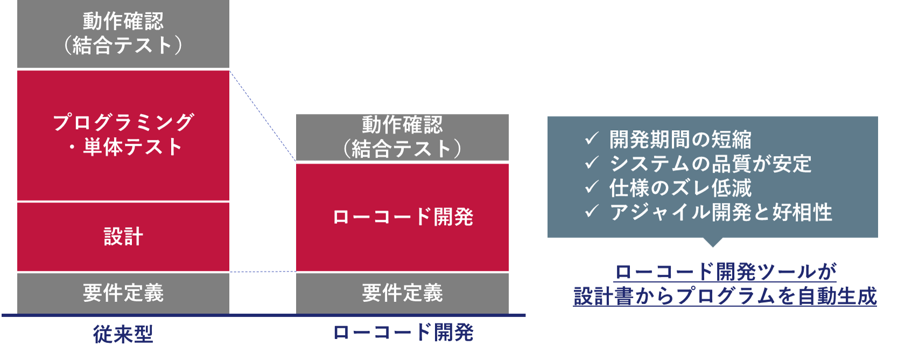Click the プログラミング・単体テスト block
pyautogui.click(x=123, y=135)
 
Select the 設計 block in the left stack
pyautogui.click(x=123, y=237)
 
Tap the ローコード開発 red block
pyautogui.click(x=402, y=217)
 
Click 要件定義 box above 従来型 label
pyautogui.click(x=123, y=293)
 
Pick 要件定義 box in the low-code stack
pyautogui.click(x=402, y=293)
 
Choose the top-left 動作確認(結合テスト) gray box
pyautogui.click(x=123, y=34)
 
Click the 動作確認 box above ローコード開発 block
pyautogui.click(x=402, y=137)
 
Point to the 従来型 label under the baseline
pyautogui.click(x=123, y=334)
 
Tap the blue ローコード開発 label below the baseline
pyautogui.click(x=403, y=333)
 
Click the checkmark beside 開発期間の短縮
pyautogui.click(x=592, y=139)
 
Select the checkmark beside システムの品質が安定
pyautogui.click(x=592, y=163)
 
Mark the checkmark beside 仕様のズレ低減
pyautogui.click(x=592, y=187)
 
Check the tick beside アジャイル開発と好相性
pyautogui.click(x=592, y=211)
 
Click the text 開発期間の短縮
pyautogui.click(x=681, y=139)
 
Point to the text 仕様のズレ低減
pyautogui.click(x=681, y=188)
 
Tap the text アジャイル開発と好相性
pyautogui.click(x=721, y=212)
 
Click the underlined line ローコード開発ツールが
pyautogui.click(x=725, y=272)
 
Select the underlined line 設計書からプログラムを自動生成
pyautogui.click(x=725, y=296)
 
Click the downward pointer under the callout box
pyautogui.click(x=713, y=242)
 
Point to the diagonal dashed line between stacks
pyautogui.click(x=263, y=116)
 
